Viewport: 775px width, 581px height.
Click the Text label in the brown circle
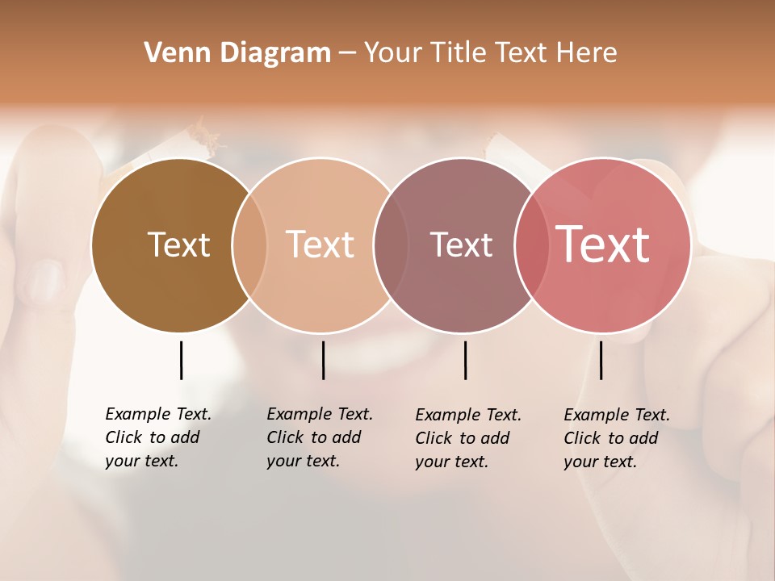coord(178,245)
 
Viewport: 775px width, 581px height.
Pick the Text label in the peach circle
coord(320,245)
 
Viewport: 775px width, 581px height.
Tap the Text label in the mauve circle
coord(461,245)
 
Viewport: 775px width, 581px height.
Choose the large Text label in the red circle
coord(602,245)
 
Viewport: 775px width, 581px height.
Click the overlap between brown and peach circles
coord(249,245)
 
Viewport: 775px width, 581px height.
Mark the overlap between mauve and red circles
coord(531,245)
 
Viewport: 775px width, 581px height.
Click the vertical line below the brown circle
coord(181,360)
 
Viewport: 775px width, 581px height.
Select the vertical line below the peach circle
coord(323,360)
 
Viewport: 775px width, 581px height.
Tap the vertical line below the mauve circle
coord(465,360)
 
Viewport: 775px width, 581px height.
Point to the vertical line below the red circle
coord(601,360)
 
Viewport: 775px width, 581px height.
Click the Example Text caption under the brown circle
coord(157,437)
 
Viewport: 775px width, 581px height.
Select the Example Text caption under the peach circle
coord(319,437)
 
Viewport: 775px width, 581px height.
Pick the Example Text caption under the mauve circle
coord(467,438)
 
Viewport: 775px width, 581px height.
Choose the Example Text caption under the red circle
coord(616,438)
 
